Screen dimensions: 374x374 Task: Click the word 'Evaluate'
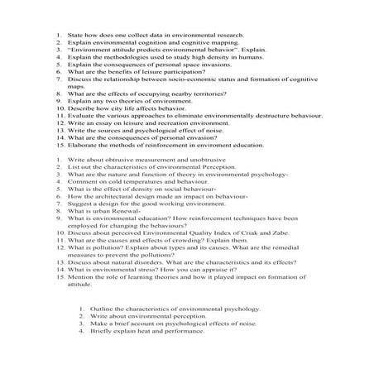coord(78,118)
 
